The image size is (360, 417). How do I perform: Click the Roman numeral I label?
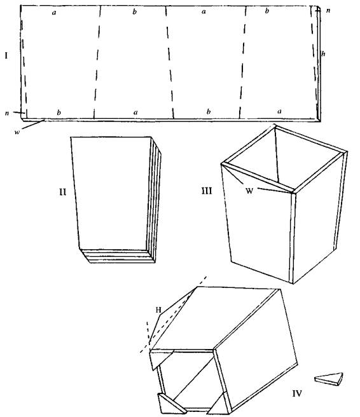6,55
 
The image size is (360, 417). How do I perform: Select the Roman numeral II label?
62,192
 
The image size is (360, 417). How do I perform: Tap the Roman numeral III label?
207,191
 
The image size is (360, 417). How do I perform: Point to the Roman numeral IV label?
297,393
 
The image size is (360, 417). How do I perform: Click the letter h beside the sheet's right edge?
323,54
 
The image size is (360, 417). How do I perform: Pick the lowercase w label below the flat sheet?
17,132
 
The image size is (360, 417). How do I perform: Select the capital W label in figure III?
249,191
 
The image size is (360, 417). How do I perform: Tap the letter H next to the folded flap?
158,310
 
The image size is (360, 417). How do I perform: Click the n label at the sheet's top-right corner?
328,11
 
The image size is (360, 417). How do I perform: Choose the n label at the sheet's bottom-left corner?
7,113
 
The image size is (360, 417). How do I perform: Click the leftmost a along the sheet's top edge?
54,13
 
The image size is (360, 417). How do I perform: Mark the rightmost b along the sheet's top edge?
267,11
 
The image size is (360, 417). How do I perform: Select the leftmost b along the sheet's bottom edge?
59,113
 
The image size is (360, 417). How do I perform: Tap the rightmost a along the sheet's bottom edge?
279,111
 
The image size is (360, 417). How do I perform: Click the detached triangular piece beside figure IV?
329,379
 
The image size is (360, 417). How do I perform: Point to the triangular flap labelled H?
170,317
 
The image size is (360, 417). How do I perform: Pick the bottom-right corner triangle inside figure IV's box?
219,404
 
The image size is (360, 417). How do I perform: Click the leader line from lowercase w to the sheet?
33,125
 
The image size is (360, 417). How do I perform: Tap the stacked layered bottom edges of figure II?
118,256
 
